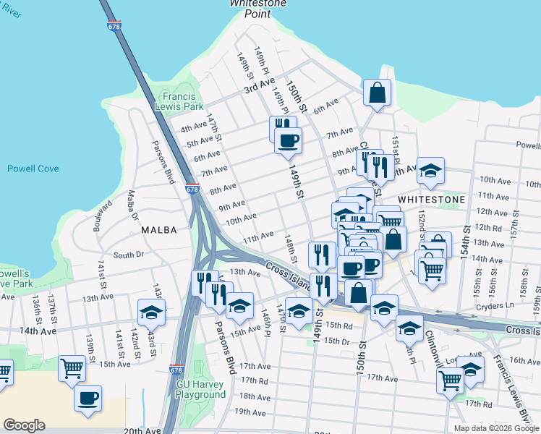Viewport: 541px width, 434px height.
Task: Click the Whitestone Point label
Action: (x=258, y=7)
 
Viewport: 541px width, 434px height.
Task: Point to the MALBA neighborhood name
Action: (x=159, y=230)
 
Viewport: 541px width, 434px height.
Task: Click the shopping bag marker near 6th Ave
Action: (x=377, y=93)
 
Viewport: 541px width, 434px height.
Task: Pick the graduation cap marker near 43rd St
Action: (x=152, y=312)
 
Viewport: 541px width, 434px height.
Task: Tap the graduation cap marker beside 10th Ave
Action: (x=431, y=171)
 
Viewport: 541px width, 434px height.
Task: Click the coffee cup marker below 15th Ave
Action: (x=88, y=398)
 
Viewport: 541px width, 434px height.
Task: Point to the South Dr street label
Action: (x=129, y=255)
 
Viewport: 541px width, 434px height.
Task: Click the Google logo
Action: (x=24, y=425)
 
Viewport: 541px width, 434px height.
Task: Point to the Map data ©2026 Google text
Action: (x=495, y=428)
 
